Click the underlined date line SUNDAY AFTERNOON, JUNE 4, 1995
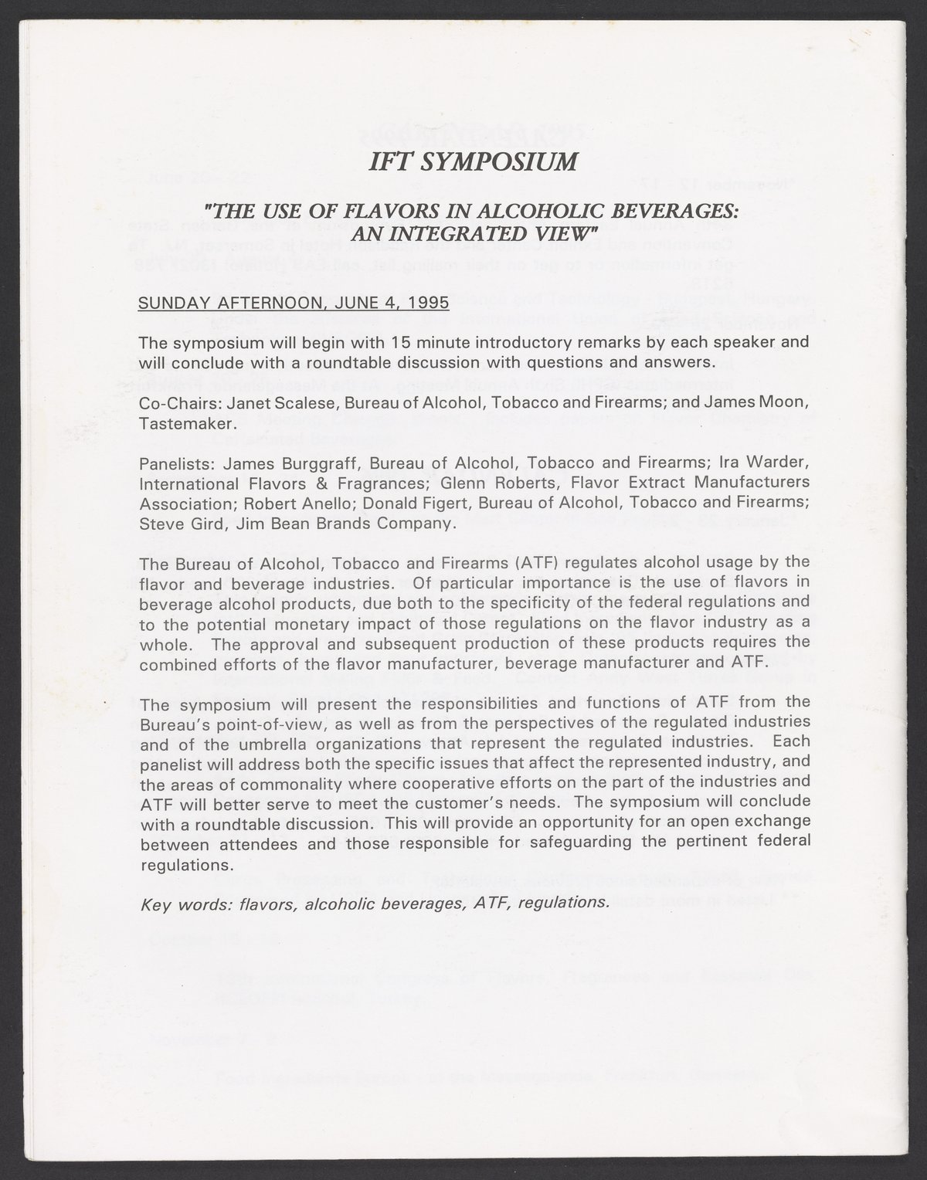tap(283, 302)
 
